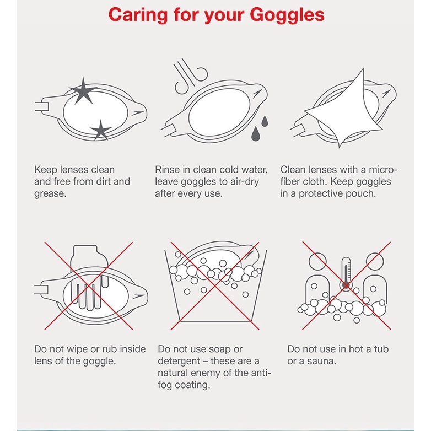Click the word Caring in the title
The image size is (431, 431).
[x=138, y=15]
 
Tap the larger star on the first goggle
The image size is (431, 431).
[x=83, y=91]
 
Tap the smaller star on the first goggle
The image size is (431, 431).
[x=101, y=131]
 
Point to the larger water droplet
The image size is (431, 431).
[x=256, y=134]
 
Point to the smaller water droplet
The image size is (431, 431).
[x=265, y=121]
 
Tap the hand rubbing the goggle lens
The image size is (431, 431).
[x=89, y=278]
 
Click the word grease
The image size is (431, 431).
[x=50, y=194]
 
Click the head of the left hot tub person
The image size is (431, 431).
[x=318, y=261]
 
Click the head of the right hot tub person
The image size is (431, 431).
[x=374, y=261]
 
